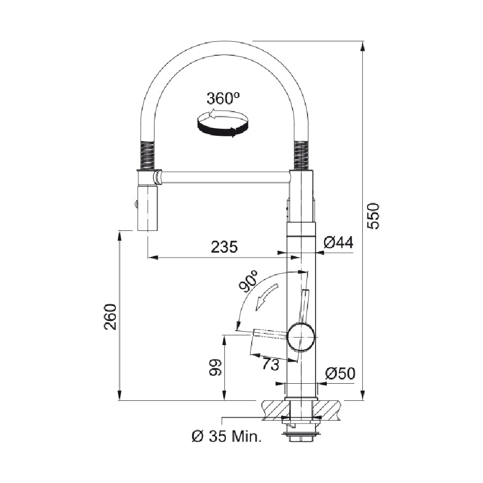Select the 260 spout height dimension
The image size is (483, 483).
pyautogui.click(x=110, y=317)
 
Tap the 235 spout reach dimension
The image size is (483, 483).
pyautogui.click(x=224, y=247)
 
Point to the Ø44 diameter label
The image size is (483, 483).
pyautogui.click(x=338, y=243)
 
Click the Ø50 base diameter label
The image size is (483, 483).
pyautogui.click(x=340, y=374)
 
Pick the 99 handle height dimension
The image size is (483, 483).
pyautogui.click(x=215, y=367)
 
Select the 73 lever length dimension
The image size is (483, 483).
pyautogui.click(x=270, y=365)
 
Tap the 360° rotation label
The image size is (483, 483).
pyautogui.click(x=223, y=98)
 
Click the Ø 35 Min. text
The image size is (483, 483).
pyautogui.click(x=226, y=436)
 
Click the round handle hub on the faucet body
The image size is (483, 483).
pyautogui.click(x=301, y=336)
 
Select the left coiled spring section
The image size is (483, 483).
pyautogui.click(x=148, y=155)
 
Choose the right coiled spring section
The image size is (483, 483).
pyautogui.click(x=302, y=155)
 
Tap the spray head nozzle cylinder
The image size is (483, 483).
pyautogui.click(x=148, y=208)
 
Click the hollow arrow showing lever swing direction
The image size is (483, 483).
pyautogui.click(x=266, y=297)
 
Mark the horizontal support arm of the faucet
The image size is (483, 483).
pyautogui.click(x=224, y=177)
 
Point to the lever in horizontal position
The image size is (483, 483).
pyautogui.click(x=270, y=334)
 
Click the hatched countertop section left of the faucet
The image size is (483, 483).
pyautogui.click(x=276, y=410)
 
